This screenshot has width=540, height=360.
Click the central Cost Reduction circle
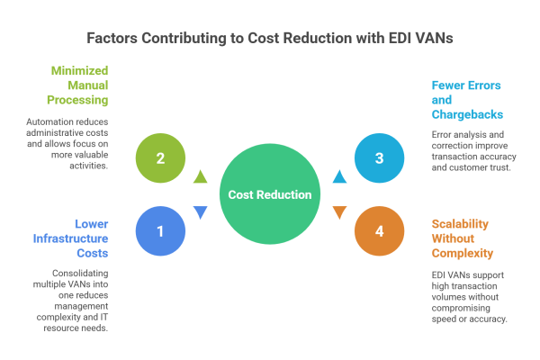[269, 194]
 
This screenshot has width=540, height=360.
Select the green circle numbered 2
[160, 158]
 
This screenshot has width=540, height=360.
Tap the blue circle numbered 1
[160, 231]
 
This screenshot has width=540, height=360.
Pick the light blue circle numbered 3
[379, 158]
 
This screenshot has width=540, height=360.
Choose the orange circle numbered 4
[379, 231]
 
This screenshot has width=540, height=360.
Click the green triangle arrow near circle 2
[201, 175]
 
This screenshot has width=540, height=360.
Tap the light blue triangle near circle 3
[338, 175]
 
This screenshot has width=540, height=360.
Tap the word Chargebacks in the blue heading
[466, 115]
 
